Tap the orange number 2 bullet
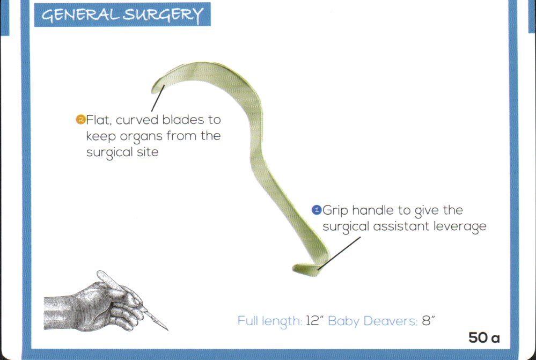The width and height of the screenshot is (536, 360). pos(80,119)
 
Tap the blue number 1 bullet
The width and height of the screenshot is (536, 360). pos(317,210)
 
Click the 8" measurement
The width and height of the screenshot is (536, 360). pos(428,321)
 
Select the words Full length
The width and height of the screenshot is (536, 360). pos(269,321)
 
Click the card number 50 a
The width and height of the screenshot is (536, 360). pos(484,339)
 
